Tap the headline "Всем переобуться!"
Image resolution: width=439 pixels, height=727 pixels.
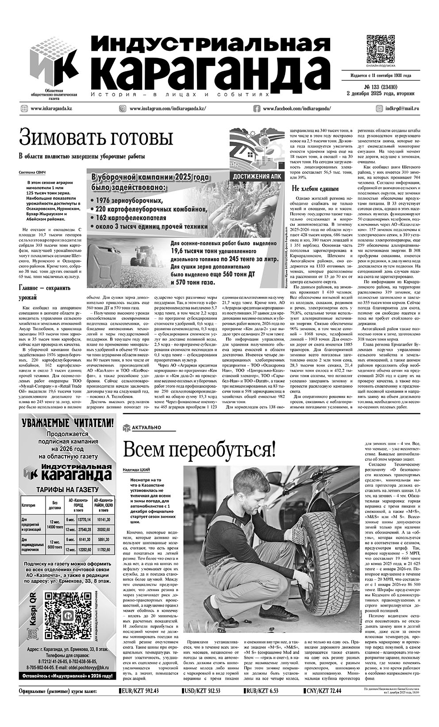pyautogui.click(x=199, y=450)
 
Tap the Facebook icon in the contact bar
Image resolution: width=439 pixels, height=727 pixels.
pyautogui.click(x=257, y=108)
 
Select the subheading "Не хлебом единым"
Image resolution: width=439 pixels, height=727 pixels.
pyautogui.click(x=312, y=188)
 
